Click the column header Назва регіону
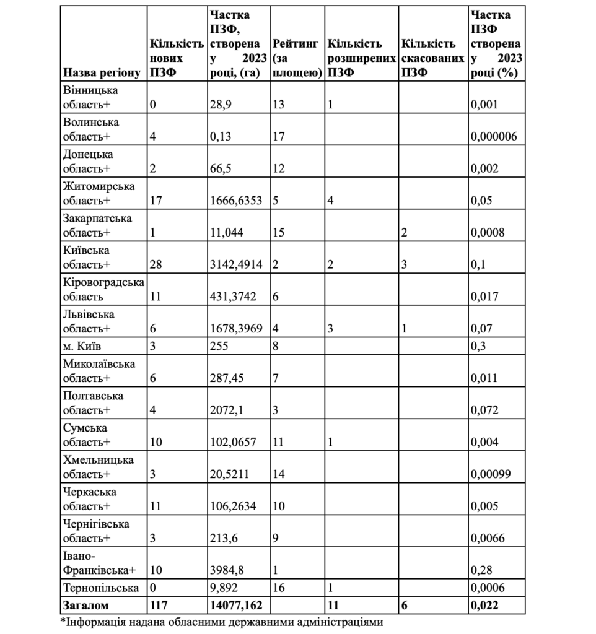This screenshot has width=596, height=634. coord(103,73)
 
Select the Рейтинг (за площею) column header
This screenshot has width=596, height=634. coord(296,59)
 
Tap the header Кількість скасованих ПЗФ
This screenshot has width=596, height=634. coord(432,59)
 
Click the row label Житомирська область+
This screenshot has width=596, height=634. coord(99,193)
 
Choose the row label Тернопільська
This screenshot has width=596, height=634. coord(100,588)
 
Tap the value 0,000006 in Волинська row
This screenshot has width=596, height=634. coord(494,136)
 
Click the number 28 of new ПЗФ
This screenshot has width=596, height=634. coord(156,265)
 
